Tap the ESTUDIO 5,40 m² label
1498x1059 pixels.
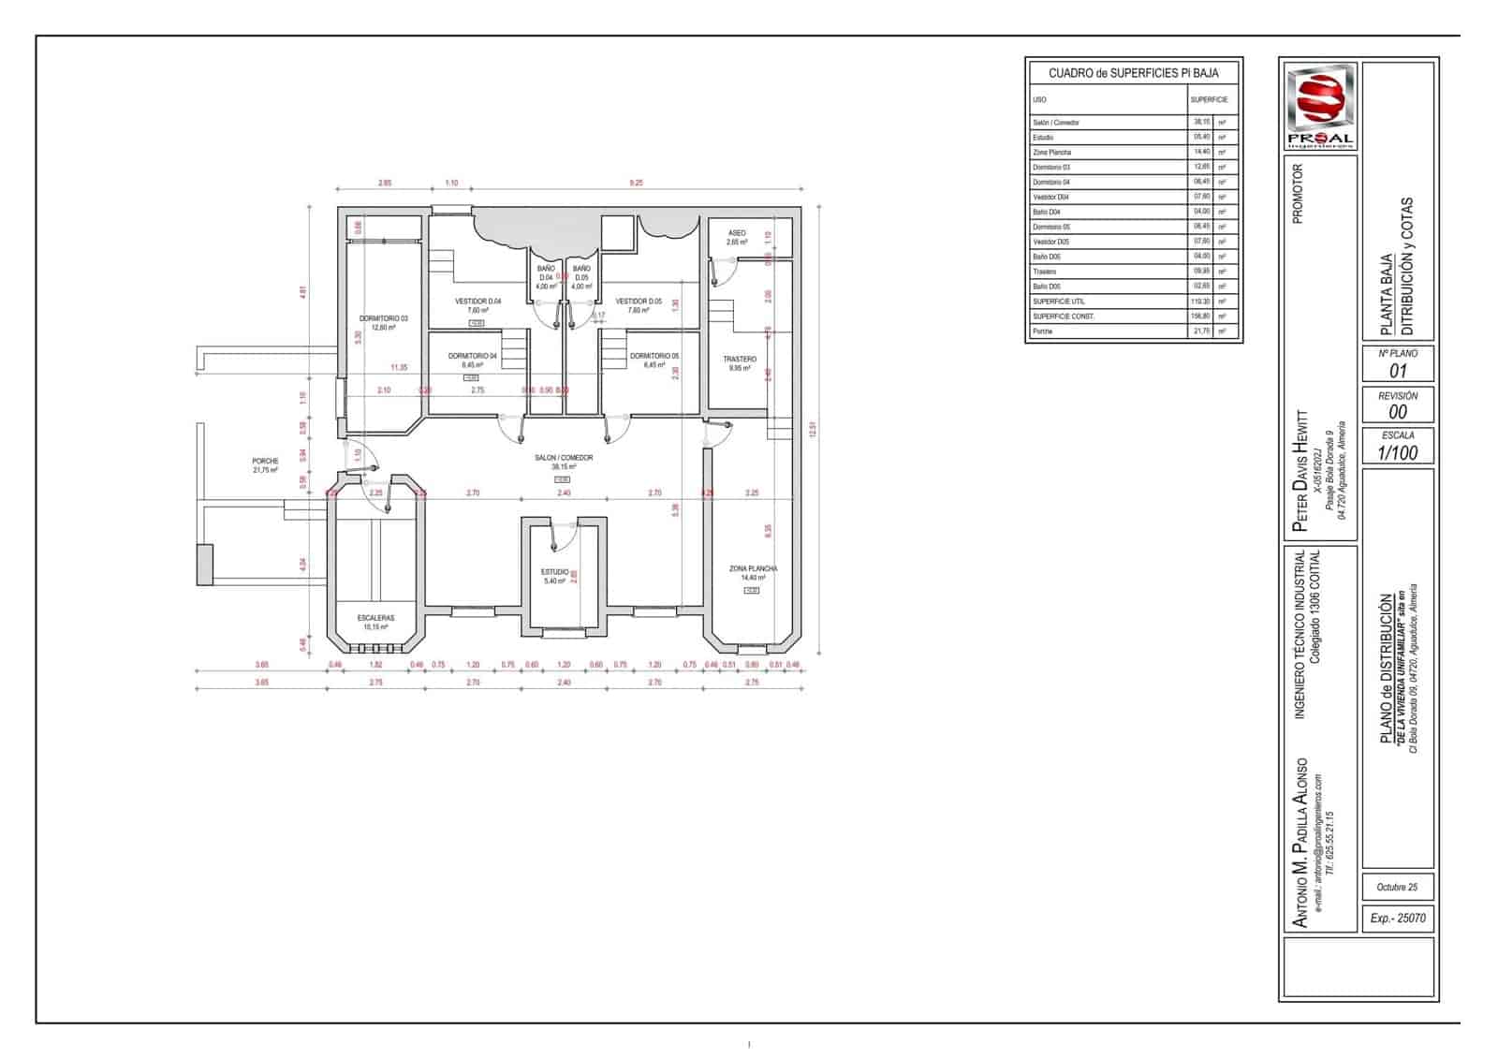(554, 576)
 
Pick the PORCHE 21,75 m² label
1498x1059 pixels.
(265, 465)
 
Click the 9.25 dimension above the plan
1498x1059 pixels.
(637, 184)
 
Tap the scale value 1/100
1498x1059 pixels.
(1397, 453)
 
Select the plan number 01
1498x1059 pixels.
(1397, 372)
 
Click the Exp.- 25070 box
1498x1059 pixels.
(1397, 919)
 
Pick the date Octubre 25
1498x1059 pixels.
(1397, 887)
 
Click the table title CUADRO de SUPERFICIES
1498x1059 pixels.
(1133, 73)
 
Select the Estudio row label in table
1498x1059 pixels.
(1043, 138)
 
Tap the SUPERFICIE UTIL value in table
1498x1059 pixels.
(1199, 302)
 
